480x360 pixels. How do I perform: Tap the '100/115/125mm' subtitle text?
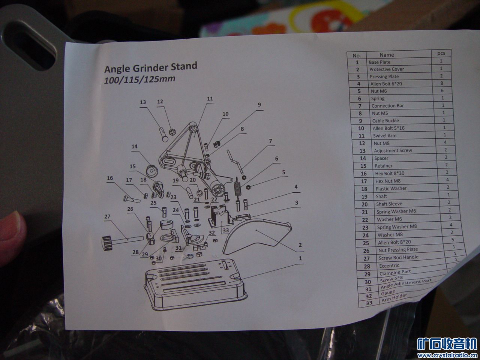pyautogui.click(x=139, y=79)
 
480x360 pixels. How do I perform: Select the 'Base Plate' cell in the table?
pyautogui.click(x=379, y=62)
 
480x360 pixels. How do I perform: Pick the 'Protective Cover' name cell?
pyautogui.click(x=386, y=69)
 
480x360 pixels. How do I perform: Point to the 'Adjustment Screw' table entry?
pyautogui.click(x=393, y=151)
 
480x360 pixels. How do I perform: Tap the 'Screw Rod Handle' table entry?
pyautogui.click(x=398, y=258)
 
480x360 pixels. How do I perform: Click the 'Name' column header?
pyautogui.click(x=387, y=55)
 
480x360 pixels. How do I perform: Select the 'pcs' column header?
pyautogui.click(x=441, y=53)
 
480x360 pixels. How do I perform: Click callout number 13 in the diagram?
pyautogui.click(x=142, y=102)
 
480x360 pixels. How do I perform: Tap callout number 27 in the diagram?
pyautogui.click(x=107, y=217)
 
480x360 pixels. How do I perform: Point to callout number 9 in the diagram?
pyautogui.click(x=259, y=105)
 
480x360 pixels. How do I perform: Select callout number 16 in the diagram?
pyautogui.click(x=109, y=178)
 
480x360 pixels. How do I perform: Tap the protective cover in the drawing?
pyautogui.click(x=255, y=236)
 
